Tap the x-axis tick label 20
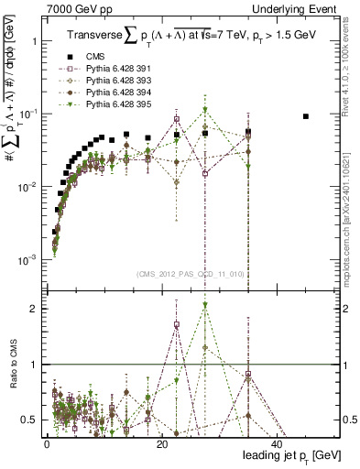[162, 443]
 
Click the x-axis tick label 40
[278, 443]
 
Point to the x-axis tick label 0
[47, 443]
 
